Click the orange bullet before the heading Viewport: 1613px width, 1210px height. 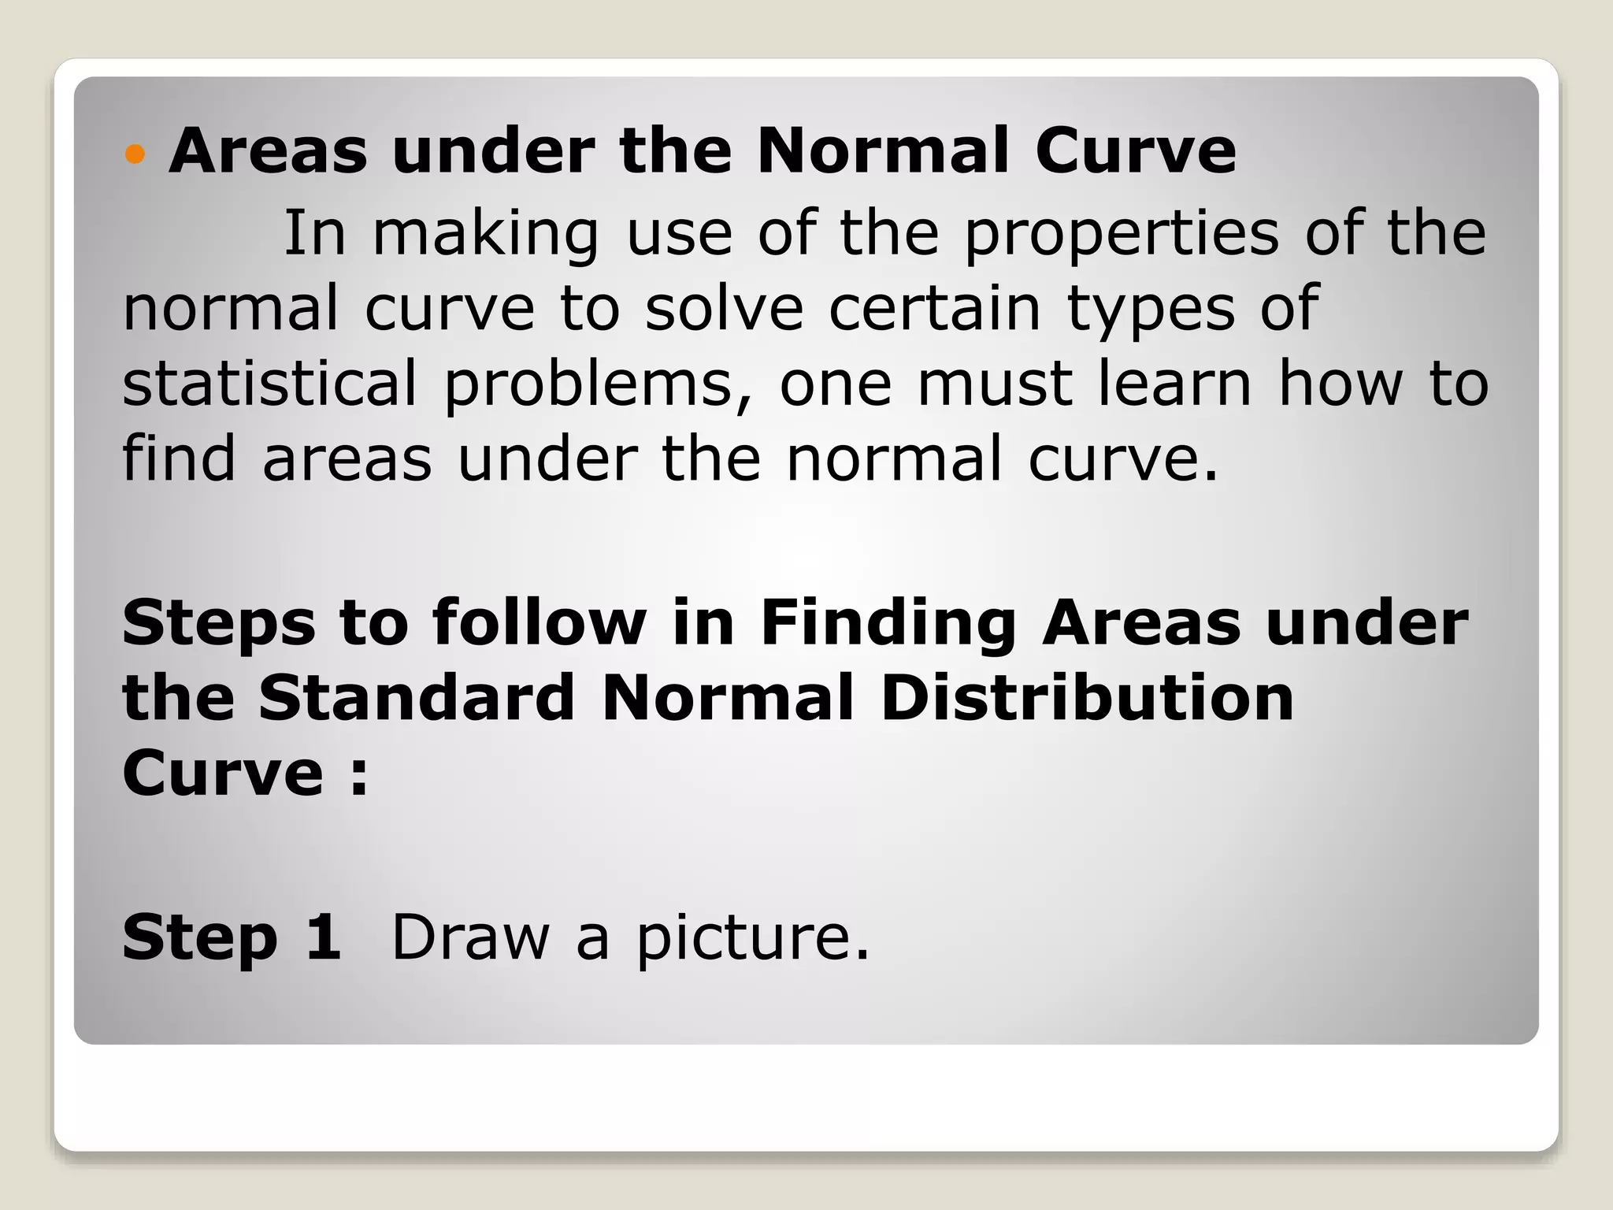point(135,154)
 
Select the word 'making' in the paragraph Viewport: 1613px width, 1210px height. point(485,234)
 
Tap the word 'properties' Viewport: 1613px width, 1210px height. point(1122,234)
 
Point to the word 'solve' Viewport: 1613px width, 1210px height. point(724,308)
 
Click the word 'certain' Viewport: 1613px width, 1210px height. point(934,308)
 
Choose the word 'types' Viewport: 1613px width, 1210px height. point(1151,310)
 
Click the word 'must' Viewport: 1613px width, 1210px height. point(995,383)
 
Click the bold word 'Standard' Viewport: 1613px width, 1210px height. point(417,697)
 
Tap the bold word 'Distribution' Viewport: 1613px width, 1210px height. point(1086,697)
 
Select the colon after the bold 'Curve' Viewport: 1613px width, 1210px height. point(358,775)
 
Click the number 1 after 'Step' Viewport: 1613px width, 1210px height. point(324,937)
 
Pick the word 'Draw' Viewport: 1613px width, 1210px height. point(470,937)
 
